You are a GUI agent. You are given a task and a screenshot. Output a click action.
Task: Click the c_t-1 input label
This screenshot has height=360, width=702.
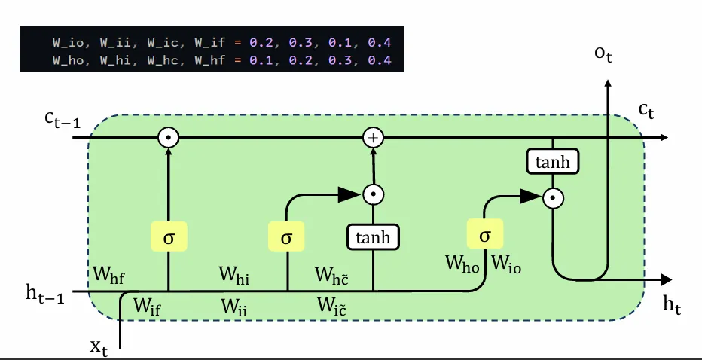coord(63,121)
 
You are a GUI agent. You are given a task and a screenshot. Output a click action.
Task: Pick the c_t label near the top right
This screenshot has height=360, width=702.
coord(646,111)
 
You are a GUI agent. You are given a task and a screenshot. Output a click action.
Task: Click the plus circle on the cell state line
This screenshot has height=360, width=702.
coord(373,138)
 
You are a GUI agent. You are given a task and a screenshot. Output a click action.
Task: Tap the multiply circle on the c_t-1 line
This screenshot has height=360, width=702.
coord(168,138)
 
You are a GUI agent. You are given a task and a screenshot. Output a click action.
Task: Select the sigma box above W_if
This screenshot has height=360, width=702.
coord(168,237)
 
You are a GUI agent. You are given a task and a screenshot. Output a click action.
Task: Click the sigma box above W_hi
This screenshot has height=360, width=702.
coord(286,237)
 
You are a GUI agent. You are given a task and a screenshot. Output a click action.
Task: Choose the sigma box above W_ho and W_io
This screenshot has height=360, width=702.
coord(485,236)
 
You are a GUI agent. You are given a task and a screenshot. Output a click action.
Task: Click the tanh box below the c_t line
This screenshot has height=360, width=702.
coord(554,162)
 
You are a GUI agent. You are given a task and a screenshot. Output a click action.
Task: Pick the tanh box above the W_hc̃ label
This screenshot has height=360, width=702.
coord(373,238)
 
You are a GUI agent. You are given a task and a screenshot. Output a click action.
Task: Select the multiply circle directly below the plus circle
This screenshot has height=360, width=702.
coord(373,194)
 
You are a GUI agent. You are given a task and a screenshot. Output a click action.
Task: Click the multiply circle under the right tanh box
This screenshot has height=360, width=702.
coord(554,198)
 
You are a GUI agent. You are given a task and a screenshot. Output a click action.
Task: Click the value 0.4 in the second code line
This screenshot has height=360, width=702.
coord(380,59)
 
